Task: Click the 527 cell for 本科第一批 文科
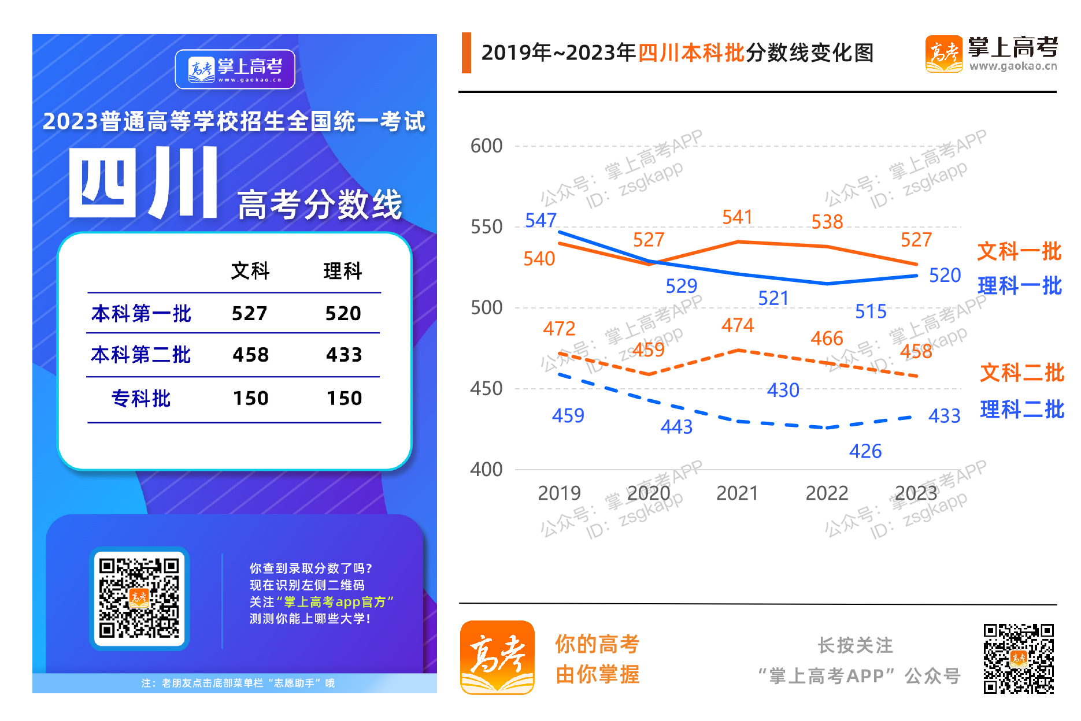coord(250,313)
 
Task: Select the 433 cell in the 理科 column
coord(344,354)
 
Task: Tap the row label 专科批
coord(141,398)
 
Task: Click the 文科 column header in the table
coord(250,270)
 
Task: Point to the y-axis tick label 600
coord(486,146)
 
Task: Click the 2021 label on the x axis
coord(737,493)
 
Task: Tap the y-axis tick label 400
coord(486,470)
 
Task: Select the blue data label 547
coord(540,220)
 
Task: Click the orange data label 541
coord(737,217)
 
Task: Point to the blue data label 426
coord(865,451)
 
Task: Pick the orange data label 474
coord(737,325)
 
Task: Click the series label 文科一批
coord(1019,251)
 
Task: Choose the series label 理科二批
coord(1022,409)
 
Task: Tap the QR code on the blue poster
coord(139,598)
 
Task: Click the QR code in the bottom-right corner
coord(1019,658)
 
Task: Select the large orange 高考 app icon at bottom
coord(497,657)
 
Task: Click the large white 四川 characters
coord(143,182)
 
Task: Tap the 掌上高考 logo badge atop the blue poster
coord(235,69)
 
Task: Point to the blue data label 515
coord(871,311)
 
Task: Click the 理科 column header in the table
coord(343,270)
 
